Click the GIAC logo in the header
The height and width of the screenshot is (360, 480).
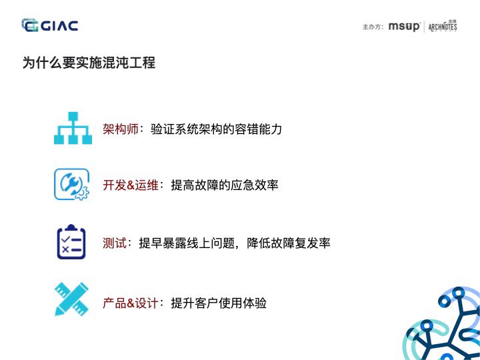coord(50,26)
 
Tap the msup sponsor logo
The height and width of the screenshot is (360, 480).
coord(404,27)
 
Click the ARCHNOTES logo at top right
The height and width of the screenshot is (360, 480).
coord(443,27)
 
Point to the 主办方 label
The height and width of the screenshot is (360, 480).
coord(373,27)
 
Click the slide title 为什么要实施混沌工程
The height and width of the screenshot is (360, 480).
coord(89,63)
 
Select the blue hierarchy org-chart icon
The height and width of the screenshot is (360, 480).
coord(72,128)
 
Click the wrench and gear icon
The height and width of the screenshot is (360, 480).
coord(71,185)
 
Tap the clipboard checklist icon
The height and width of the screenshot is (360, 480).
coord(71,242)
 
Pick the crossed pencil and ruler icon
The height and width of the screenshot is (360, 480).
coord(71,299)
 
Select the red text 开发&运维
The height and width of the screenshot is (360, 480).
coord(131,185)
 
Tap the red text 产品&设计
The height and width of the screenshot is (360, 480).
coord(131,303)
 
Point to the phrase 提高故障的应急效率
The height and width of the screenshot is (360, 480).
coord(225,185)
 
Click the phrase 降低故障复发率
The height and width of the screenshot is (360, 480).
coord(289,243)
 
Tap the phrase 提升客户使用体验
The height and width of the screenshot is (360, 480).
coord(219,303)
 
